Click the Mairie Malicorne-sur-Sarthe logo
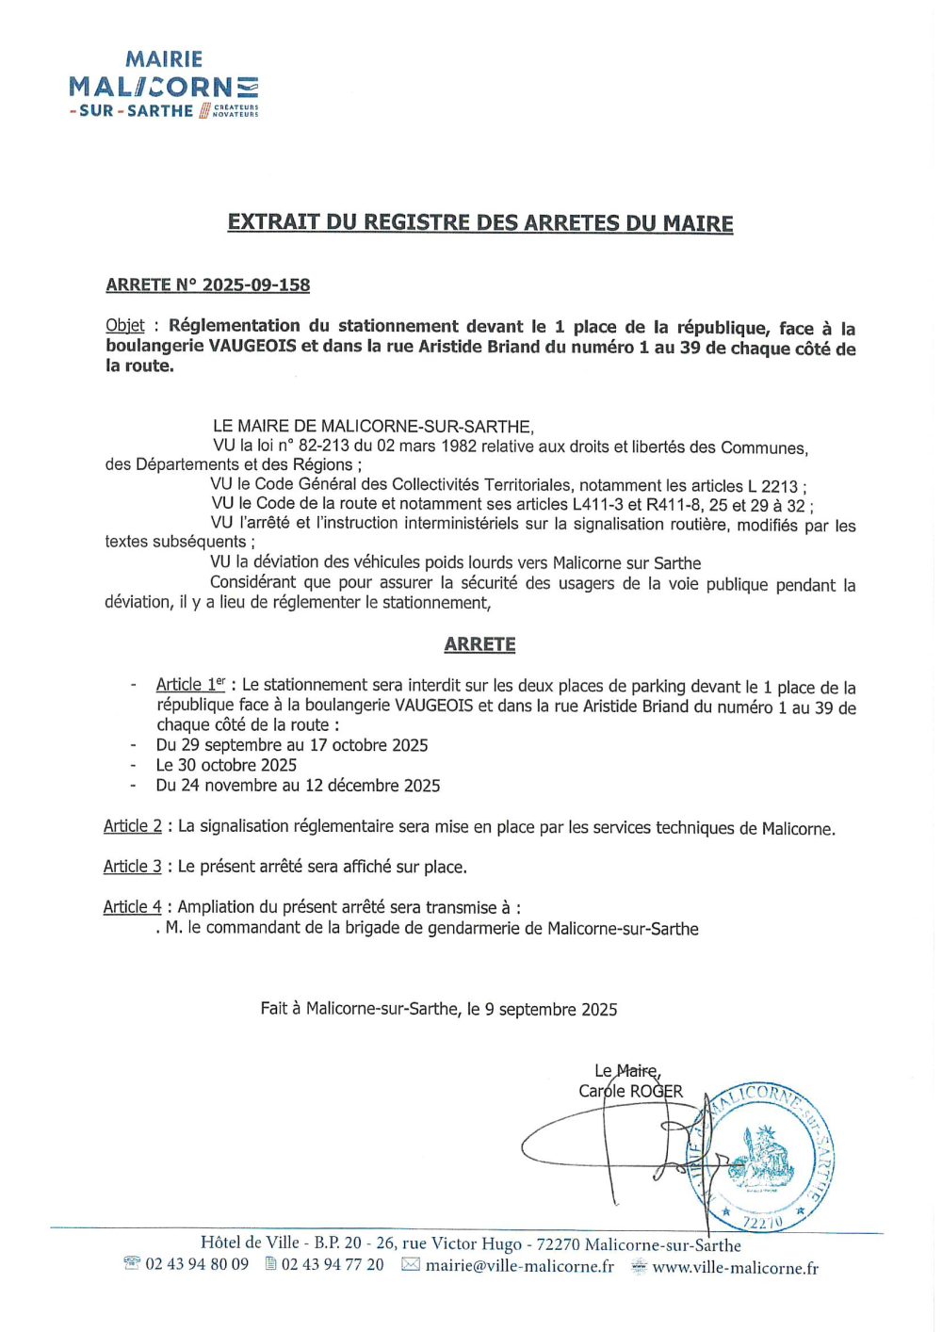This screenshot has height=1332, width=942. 163,85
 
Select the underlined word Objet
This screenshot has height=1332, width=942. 125,326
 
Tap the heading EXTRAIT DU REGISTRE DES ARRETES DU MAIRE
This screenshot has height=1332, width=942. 480,223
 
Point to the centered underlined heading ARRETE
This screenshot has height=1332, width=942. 480,644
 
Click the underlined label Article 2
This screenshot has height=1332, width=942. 133,826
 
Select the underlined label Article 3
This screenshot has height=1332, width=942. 133,867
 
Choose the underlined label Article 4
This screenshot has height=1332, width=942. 133,907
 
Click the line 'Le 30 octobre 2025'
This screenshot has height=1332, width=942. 226,765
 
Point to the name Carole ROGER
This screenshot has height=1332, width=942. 630,1091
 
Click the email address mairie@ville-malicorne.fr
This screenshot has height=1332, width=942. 519,1266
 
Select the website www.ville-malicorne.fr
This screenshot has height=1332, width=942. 735,1268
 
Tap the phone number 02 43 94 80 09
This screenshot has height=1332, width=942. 197,1264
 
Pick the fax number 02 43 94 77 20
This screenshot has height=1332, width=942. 333,1264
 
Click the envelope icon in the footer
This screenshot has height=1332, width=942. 411,1265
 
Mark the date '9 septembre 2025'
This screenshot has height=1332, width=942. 551,1010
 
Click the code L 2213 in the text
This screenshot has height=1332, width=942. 772,486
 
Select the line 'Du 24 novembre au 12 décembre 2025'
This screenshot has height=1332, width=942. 298,786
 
